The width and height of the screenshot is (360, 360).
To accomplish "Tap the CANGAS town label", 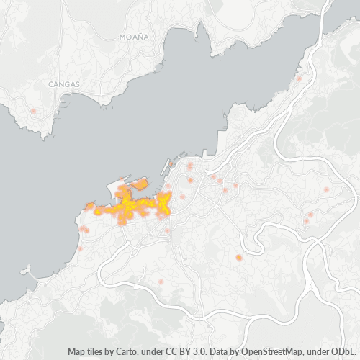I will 64,84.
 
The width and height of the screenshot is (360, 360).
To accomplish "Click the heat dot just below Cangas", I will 33,111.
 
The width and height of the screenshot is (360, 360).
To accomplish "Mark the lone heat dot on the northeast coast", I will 299,78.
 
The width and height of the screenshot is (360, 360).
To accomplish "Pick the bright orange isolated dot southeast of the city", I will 238,257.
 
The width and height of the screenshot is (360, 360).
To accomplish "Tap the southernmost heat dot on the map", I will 161,282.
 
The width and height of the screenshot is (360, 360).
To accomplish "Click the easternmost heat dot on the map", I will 326,189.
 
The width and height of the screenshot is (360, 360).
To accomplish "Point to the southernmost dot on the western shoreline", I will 80,249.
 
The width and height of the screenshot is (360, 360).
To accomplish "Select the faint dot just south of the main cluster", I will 167,230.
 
